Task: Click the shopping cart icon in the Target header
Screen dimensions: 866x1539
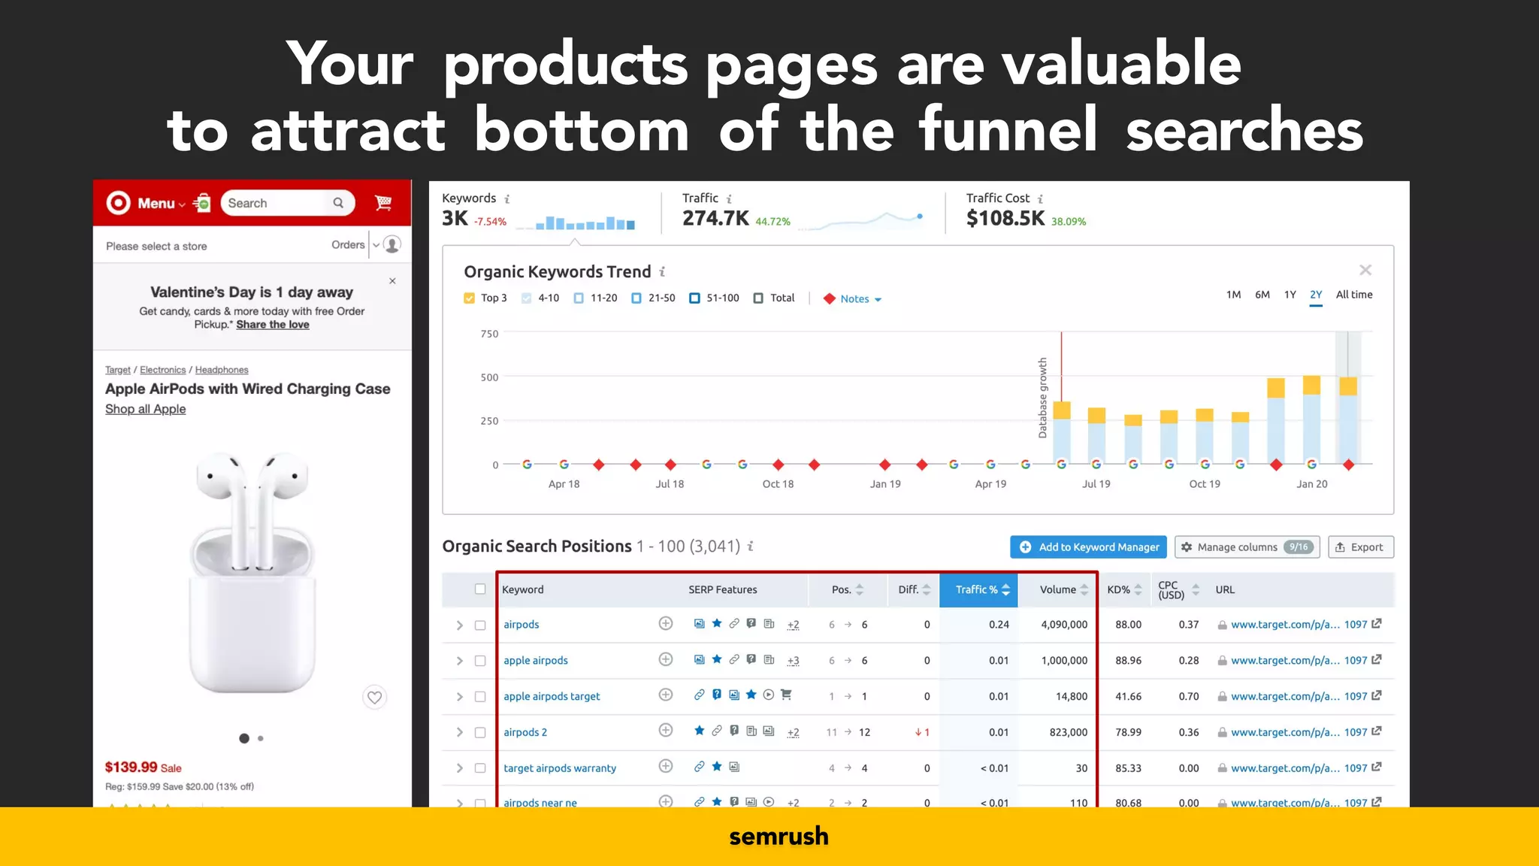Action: (x=383, y=203)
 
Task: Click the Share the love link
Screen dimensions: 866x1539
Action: (x=273, y=325)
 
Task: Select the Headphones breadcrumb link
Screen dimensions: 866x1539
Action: (x=222, y=370)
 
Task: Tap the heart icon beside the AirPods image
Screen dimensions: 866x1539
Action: (x=374, y=698)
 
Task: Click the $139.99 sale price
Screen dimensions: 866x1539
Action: (x=132, y=768)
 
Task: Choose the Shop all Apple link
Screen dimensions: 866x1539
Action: (x=145, y=409)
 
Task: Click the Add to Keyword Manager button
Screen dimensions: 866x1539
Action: (x=1088, y=547)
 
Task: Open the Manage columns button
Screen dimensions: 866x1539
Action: (x=1247, y=547)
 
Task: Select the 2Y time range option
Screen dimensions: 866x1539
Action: (x=1316, y=295)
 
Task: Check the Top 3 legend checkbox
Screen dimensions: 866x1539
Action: (x=470, y=298)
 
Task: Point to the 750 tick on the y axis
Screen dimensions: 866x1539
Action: (x=489, y=334)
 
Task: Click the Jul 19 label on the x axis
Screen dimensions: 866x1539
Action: (x=1096, y=484)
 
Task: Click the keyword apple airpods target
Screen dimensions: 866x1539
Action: (x=552, y=697)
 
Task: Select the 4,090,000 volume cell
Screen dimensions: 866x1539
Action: (x=1063, y=625)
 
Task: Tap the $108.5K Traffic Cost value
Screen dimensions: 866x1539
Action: (x=1005, y=219)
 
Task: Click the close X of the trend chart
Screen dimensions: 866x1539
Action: (x=1365, y=270)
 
